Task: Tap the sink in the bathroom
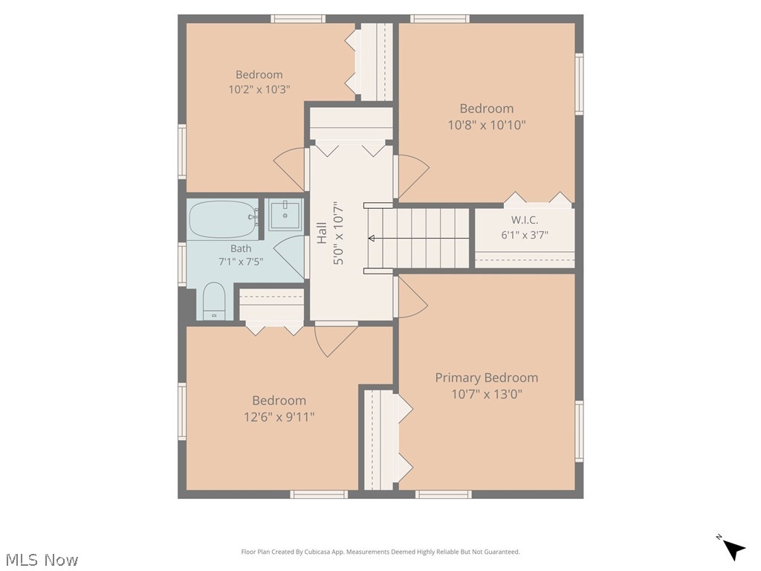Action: (x=285, y=213)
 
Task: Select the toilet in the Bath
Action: (x=214, y=301)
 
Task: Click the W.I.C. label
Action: (x=525, y=220)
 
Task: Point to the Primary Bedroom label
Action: (x=486, y=378)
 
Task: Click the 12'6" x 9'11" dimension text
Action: (x=279, y=416)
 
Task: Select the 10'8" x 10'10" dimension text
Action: (x=486, y=125)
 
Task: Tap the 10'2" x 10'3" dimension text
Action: (x=259, y=89)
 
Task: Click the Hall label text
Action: (x=322, y=233)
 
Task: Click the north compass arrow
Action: (x=734, y=549)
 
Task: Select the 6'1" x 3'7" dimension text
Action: (x=525, y=235)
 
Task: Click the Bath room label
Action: (x=241, y=248)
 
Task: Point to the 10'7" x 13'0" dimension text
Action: (x=486, y=394)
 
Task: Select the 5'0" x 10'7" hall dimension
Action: (x=338, y=233)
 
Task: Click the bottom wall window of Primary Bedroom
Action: (x=443, y=494)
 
